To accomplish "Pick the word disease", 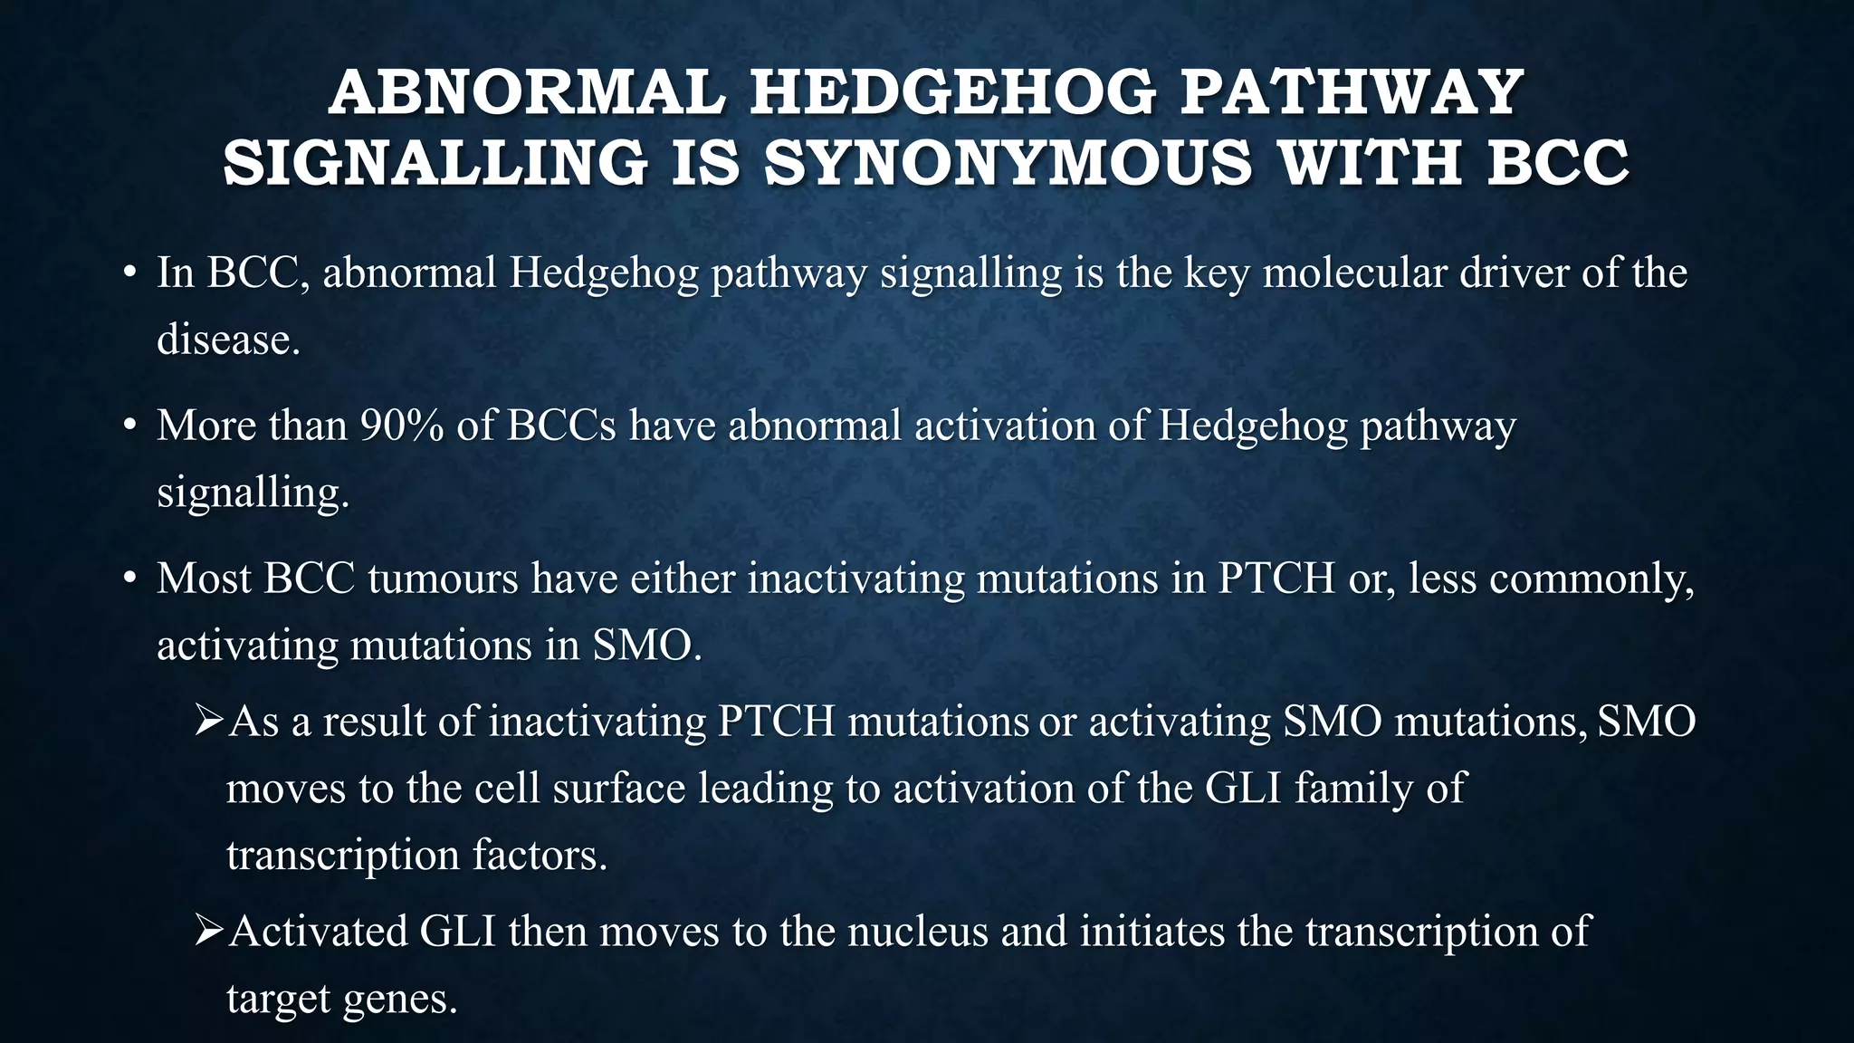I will coord(228,340).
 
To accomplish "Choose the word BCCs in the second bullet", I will coord(561,426).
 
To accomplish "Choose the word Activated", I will coord(318,932).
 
